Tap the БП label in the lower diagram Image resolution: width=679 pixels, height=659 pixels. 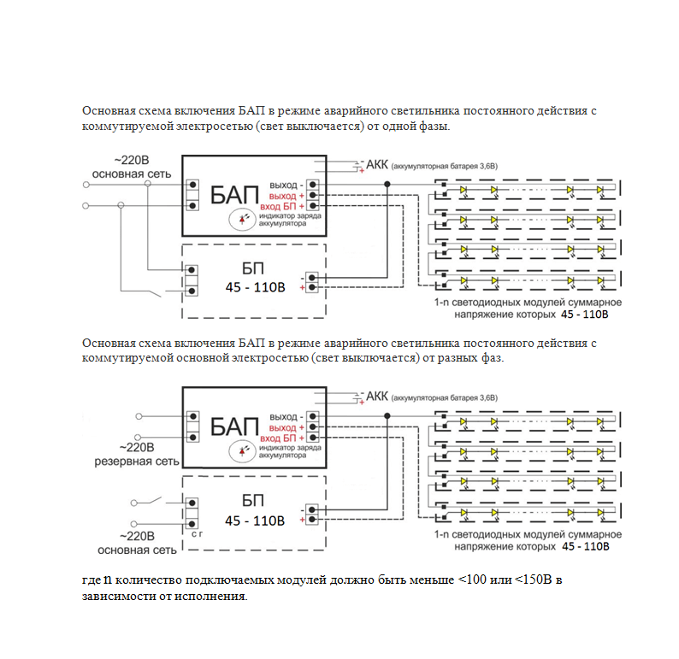(x=253, y=502)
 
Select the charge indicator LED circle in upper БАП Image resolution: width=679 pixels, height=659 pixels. (x=245, y=220)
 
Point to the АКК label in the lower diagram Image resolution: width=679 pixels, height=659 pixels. (x=377, y=397)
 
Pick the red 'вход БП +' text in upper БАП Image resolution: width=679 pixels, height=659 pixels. (x=281, y=207)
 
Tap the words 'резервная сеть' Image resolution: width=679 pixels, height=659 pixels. (x=137, y=462)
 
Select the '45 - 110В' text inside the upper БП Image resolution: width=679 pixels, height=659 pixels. (x=254, y=287)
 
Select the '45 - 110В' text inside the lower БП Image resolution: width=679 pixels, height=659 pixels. (x=254, y=521)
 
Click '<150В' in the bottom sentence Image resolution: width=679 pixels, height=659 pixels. (x=532, y=581)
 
